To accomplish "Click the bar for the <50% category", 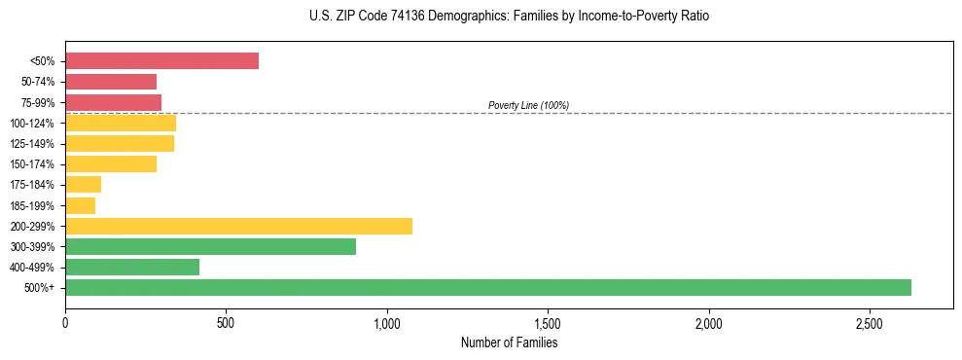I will coord(161,61).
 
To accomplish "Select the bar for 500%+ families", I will coord(487,287).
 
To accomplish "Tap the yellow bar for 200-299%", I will coord(238,226).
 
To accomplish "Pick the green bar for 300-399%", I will coord(210,246).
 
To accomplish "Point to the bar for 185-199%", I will coord(80,205).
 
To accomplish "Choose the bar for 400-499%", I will coord(132,267).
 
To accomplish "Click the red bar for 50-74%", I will coord(111,82).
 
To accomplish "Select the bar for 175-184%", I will coord(83,185).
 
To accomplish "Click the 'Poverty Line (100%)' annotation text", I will coord(528,105).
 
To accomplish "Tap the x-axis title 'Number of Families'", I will coord(509,342).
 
